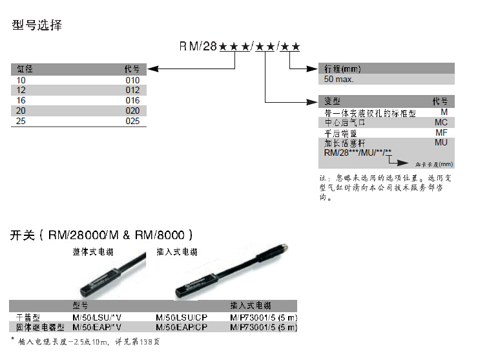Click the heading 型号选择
pyautogui.click(x=37, y=26)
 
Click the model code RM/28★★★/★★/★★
pyautogui.click(x=240, y=47)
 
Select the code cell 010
pyautogui.click(x=132, y=80)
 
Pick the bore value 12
pyautogui.click(x=21, y=90)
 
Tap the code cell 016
pyautogui.click(x=132, y=101)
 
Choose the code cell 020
pyautogui.click(x=132, y=111)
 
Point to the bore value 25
pyautogui.click(x=21, y=121)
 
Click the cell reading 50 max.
pyautogui.click(x=339, y=80)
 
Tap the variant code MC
pyautogui.click(x=441, y=122)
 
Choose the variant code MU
pyautogui.click(x=441, y=142)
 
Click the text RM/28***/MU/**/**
pyautogui.click(x=358, y=153)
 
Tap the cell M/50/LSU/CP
pyautogui.click(x=182, y=318)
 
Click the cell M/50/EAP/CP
pyautogui.click(x=182, y=328)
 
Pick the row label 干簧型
pyautogui.click(x=28, y=318)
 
